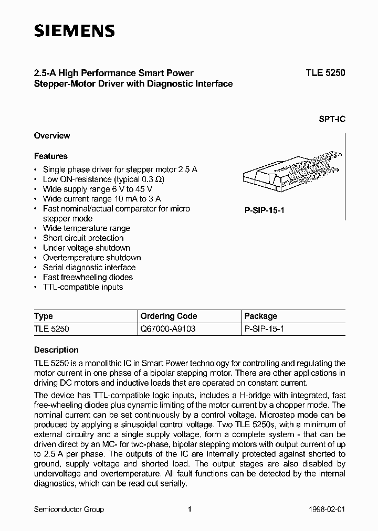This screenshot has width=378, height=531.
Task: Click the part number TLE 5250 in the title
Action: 325,73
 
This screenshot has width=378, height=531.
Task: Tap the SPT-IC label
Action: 332,119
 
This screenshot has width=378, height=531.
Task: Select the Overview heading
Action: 52,136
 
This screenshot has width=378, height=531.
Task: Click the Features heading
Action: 51,156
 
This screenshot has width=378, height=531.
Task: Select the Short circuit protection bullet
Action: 83,238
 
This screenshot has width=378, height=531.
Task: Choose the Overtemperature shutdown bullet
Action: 91,258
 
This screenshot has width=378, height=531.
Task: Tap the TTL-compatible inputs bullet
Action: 82,287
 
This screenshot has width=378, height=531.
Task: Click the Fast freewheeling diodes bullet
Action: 88,277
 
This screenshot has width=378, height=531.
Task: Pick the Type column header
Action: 44,316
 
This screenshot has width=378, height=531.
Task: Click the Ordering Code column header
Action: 169,316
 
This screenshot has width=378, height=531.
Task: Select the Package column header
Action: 261,316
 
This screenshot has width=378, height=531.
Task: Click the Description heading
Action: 56,350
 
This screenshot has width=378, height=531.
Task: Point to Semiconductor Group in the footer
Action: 69,509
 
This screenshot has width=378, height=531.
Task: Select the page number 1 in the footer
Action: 190,509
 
